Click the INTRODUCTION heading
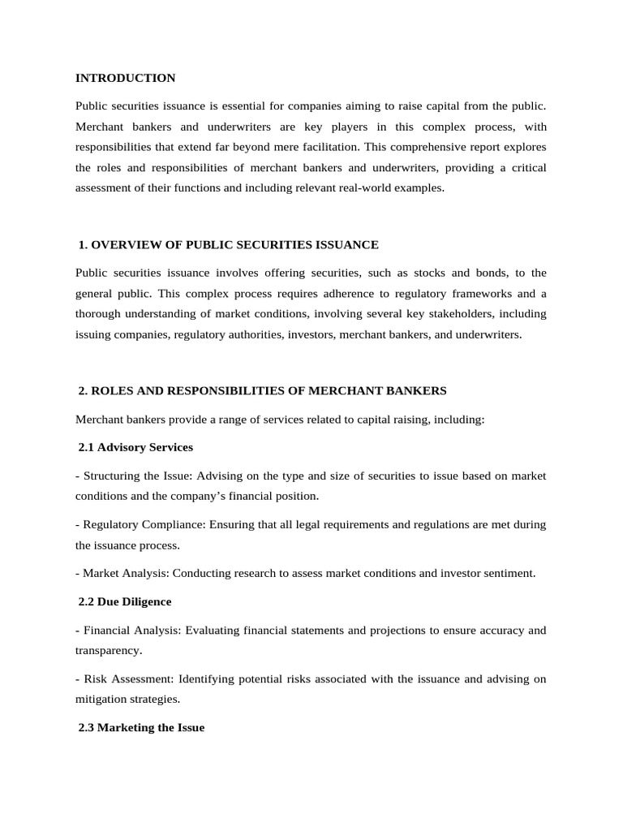[125, 78]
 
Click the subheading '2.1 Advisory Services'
[135, 447]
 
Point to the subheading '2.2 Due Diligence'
[125, 601]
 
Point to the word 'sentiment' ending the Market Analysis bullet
[510, 573]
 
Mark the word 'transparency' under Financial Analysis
[107, 650]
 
